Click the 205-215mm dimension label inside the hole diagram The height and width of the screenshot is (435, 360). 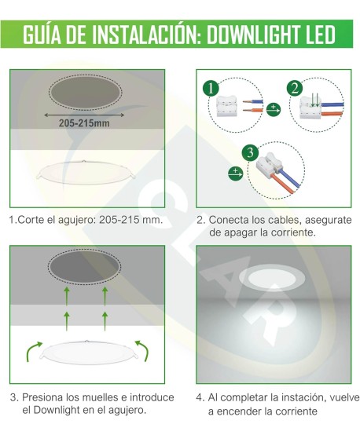(84, 122)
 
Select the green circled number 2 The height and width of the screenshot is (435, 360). (294, 88)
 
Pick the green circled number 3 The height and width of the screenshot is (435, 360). (251, 152)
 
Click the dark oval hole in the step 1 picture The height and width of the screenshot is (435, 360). (84, 93)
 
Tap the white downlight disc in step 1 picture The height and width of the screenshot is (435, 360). (84, 174)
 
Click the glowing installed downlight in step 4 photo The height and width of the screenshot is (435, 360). (273, 277)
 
